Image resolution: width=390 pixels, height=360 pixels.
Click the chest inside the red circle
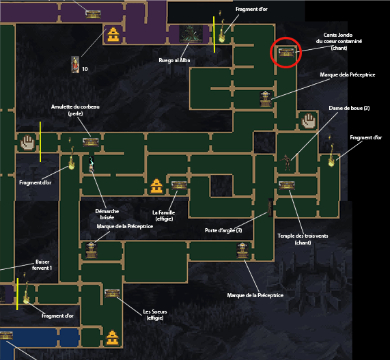[x=286, y=53]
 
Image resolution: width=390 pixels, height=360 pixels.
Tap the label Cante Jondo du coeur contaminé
[x=339, y=41]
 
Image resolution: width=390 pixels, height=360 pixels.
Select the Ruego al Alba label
[x=174, y=60]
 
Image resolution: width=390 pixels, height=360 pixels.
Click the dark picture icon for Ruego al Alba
[x=191, y=33]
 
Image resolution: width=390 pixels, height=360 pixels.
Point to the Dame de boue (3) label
[x=349, y=108]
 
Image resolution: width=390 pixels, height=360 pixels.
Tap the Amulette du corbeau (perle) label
[x=75, y=110]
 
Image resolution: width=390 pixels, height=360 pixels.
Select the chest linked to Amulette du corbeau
[x=91, y=142]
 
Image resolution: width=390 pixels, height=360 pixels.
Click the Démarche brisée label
[x=107, y=214]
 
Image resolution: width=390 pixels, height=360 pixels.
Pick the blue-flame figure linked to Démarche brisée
[x=92, y=164]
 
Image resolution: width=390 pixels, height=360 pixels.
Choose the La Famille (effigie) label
[x=164, y=216]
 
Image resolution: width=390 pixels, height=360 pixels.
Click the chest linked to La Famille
[x=179, y=185]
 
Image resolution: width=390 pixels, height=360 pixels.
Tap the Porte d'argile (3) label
[x=223, y=230]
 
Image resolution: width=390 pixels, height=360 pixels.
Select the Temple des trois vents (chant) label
[x=303, y=239]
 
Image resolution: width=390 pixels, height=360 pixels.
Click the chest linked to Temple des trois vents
[x=287, y=185]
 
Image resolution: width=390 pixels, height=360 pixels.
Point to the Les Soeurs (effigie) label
[x=155, y=315]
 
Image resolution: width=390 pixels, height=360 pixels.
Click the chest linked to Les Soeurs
[x=112, y=293]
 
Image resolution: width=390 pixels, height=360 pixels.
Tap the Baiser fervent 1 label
[x=42, y=265]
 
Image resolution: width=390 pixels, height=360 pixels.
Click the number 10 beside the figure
[x=85, y=69]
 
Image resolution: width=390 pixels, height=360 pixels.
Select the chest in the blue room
[x=6, y=335]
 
